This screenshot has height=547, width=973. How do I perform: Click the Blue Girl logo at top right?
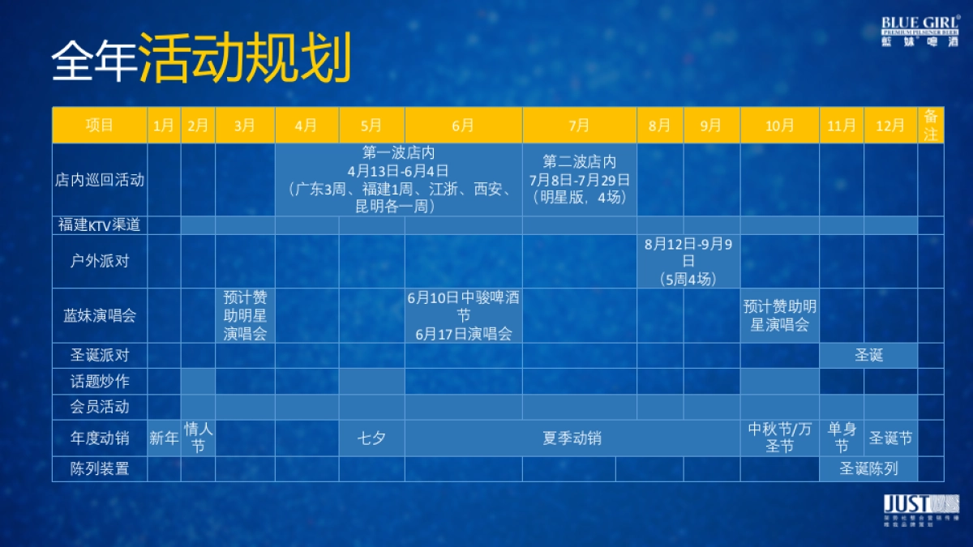(920, 30)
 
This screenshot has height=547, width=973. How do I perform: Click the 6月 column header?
(463, 126)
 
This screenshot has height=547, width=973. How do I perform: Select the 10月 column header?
(779, 126)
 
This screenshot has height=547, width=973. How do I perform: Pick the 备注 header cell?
(931, 126)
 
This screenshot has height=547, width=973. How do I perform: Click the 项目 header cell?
(100, 126)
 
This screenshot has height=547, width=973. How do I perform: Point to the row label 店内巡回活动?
(100, 180)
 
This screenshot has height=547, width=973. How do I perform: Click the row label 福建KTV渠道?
(100, 225)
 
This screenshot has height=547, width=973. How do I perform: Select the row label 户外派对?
(100, 261)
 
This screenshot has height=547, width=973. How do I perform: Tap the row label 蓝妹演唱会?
(100, 315)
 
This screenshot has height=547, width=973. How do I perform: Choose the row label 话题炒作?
(100, 381)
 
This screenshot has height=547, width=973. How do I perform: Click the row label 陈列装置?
(100, 468)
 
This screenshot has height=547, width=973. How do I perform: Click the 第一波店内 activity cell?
(398, 180)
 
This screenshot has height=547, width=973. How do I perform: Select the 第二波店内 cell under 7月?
(579, 180)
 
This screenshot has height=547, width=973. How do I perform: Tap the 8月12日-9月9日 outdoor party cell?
(688, 261)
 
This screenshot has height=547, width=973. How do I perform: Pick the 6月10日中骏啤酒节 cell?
(463, 315)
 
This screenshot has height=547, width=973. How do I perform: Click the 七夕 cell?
(371, 438)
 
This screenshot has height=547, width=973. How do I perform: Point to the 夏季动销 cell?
(572, 438)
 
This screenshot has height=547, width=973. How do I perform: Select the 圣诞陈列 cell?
(868, 468)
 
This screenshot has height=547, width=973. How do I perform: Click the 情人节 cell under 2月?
(198, 438)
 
